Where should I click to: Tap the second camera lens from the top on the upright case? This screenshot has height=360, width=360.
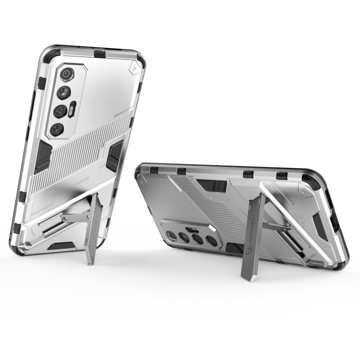[64, 93]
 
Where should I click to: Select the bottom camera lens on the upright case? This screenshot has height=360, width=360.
[57, 129]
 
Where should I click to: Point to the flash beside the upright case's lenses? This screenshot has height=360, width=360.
[73, 109]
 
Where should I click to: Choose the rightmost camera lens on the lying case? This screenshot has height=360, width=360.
[211, 241]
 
